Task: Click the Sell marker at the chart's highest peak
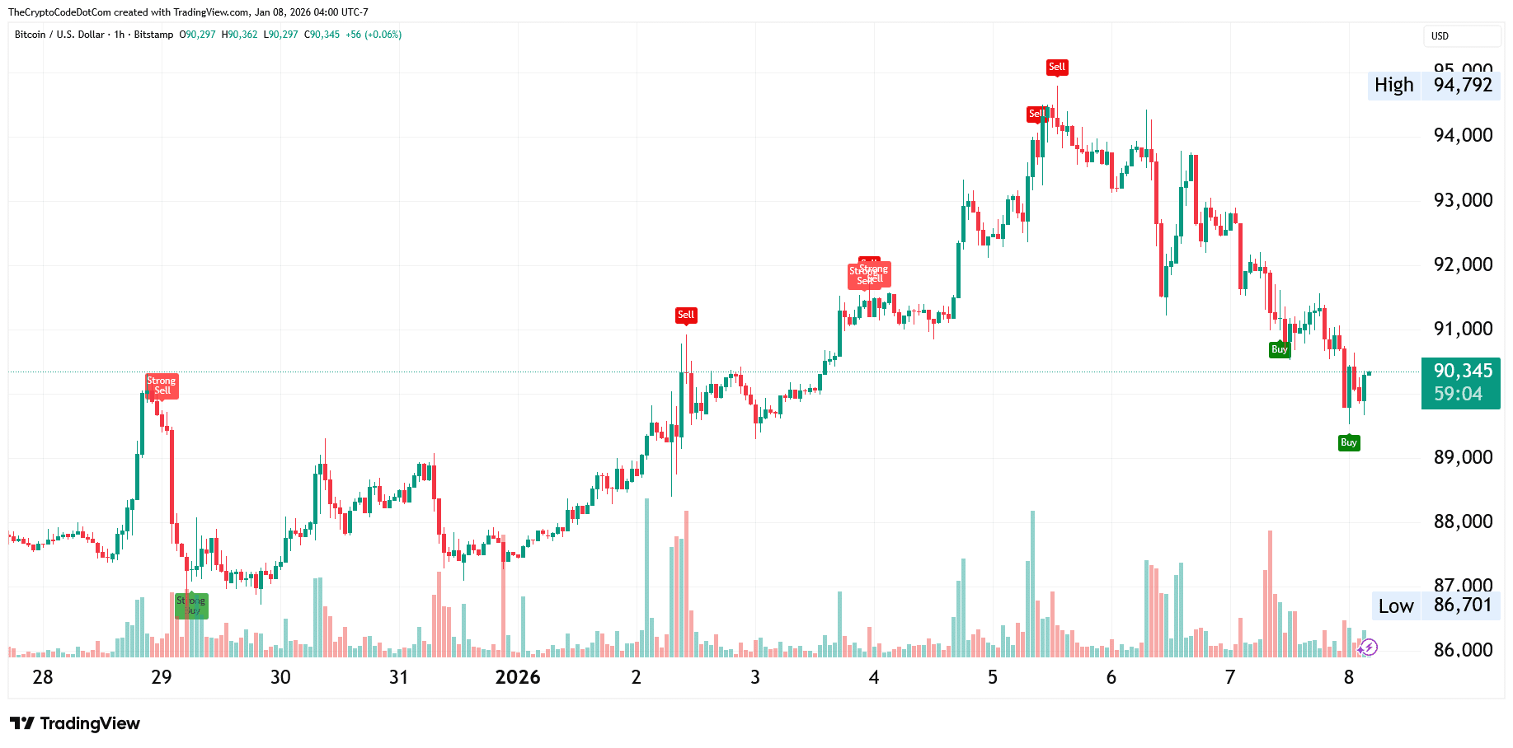[1057, 67]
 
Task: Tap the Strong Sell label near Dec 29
[162, 386]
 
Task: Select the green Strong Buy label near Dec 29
[191, 605]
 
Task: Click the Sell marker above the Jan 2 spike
[686, 315]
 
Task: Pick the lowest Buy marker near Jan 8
[1349, 442]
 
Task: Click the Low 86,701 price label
[1435, 605]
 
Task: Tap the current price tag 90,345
[1462, 371]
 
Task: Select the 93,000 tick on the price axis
[1463, 200]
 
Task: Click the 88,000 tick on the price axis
[1463, 521]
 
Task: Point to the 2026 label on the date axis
[517, 677]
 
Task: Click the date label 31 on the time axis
[398, 677]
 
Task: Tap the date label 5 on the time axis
[993, 677]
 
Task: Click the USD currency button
[1461, 36]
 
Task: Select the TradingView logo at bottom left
[75, 723]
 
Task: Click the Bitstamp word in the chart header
[153, 35]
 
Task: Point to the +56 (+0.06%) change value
[374, 35]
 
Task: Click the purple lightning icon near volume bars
[1368, 647]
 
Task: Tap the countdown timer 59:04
[1457, 394]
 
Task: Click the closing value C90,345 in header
[322, 35]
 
